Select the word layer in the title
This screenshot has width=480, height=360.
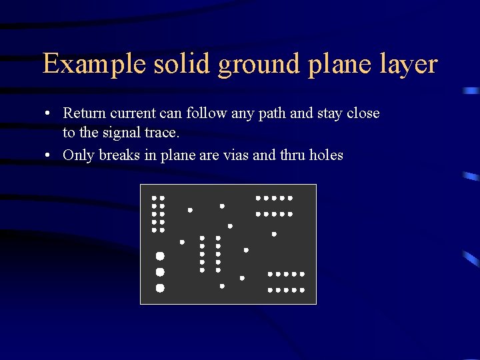(x=407, y=65)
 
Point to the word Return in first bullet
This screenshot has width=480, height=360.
(x=83, y=113)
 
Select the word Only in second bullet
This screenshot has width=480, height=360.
(x=77, y=155)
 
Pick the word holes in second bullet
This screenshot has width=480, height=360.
(x=326, y=155)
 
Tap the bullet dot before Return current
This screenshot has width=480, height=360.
(x=51, y=113)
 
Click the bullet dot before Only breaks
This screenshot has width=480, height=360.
(x=51, y=155)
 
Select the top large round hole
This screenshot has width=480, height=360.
(x=160, y=256)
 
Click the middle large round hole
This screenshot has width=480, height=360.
(x=160, y=272)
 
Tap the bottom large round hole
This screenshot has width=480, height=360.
(x=160, y=288)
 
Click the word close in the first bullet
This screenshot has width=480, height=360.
(x=363, y=113)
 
